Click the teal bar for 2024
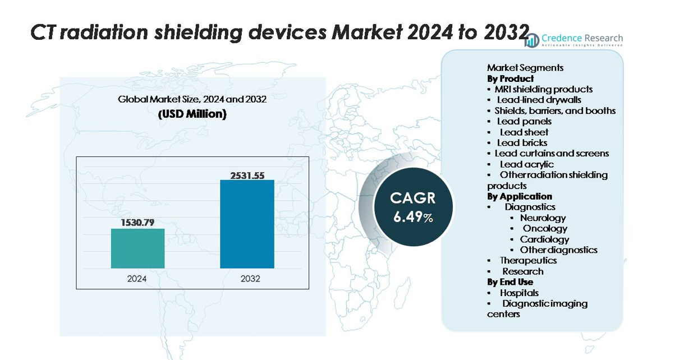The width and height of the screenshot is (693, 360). [137, 248]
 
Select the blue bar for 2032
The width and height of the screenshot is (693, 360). [247, 224]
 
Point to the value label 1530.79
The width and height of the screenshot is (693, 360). [137, 223]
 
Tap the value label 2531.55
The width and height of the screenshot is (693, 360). [247, 175]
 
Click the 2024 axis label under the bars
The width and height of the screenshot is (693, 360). [137, 278]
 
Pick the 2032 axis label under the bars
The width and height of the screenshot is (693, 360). [250, 278]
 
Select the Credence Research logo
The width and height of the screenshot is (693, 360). [573, 40]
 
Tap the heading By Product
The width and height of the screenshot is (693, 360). [511, 79]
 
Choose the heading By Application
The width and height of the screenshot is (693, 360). [520, 196]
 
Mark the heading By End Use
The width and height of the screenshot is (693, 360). [510, 282]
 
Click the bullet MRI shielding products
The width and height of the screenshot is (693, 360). [543, 89]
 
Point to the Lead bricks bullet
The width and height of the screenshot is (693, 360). [522, 143]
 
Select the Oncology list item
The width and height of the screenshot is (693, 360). [545, 229]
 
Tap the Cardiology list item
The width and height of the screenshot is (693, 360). [544, 239]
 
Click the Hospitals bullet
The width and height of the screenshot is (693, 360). [519, 293]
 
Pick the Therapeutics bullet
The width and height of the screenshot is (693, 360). [528, 261]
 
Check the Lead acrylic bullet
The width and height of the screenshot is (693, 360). [526, 164]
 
